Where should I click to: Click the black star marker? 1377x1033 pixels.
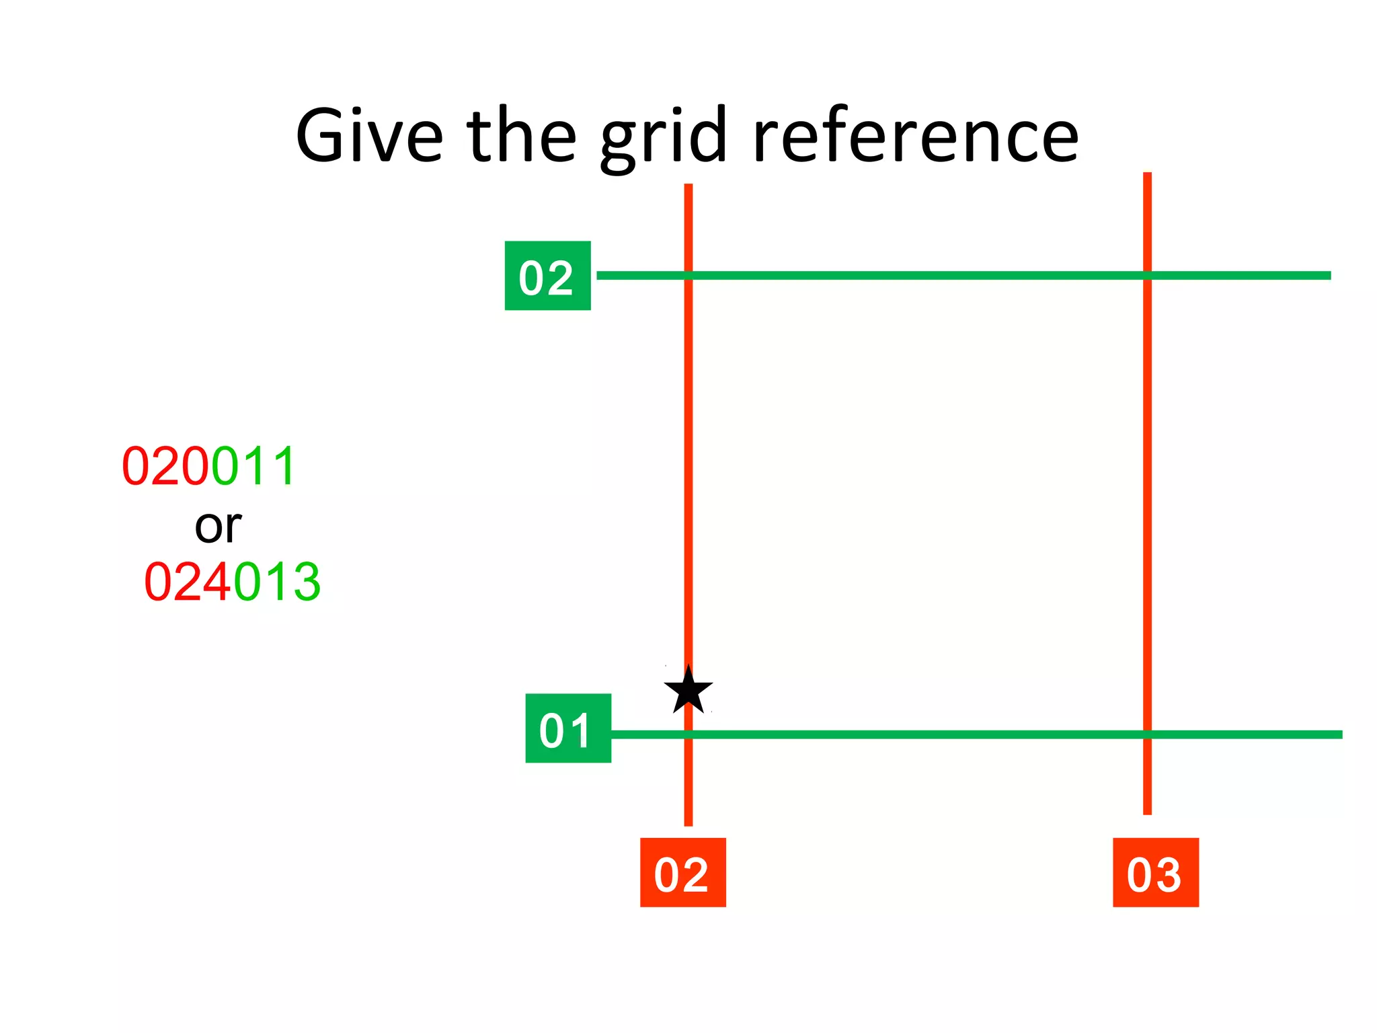688,691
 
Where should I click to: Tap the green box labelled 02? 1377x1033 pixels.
547,276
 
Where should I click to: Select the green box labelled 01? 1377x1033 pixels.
568,728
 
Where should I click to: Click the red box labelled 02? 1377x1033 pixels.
682,872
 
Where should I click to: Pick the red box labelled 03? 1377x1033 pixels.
1155,872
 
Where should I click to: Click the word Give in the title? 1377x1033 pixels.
369,136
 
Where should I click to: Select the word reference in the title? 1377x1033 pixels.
916,136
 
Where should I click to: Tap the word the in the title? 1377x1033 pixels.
521,136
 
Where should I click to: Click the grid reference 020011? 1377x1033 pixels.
208,466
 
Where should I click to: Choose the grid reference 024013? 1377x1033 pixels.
232,582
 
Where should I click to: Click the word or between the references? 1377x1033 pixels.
218,526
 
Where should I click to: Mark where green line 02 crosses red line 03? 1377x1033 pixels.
1147,275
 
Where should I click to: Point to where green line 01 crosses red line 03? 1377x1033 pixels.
1147,734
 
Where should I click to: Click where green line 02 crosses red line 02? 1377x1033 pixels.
688,275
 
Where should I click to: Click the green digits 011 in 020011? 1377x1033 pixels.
253,466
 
